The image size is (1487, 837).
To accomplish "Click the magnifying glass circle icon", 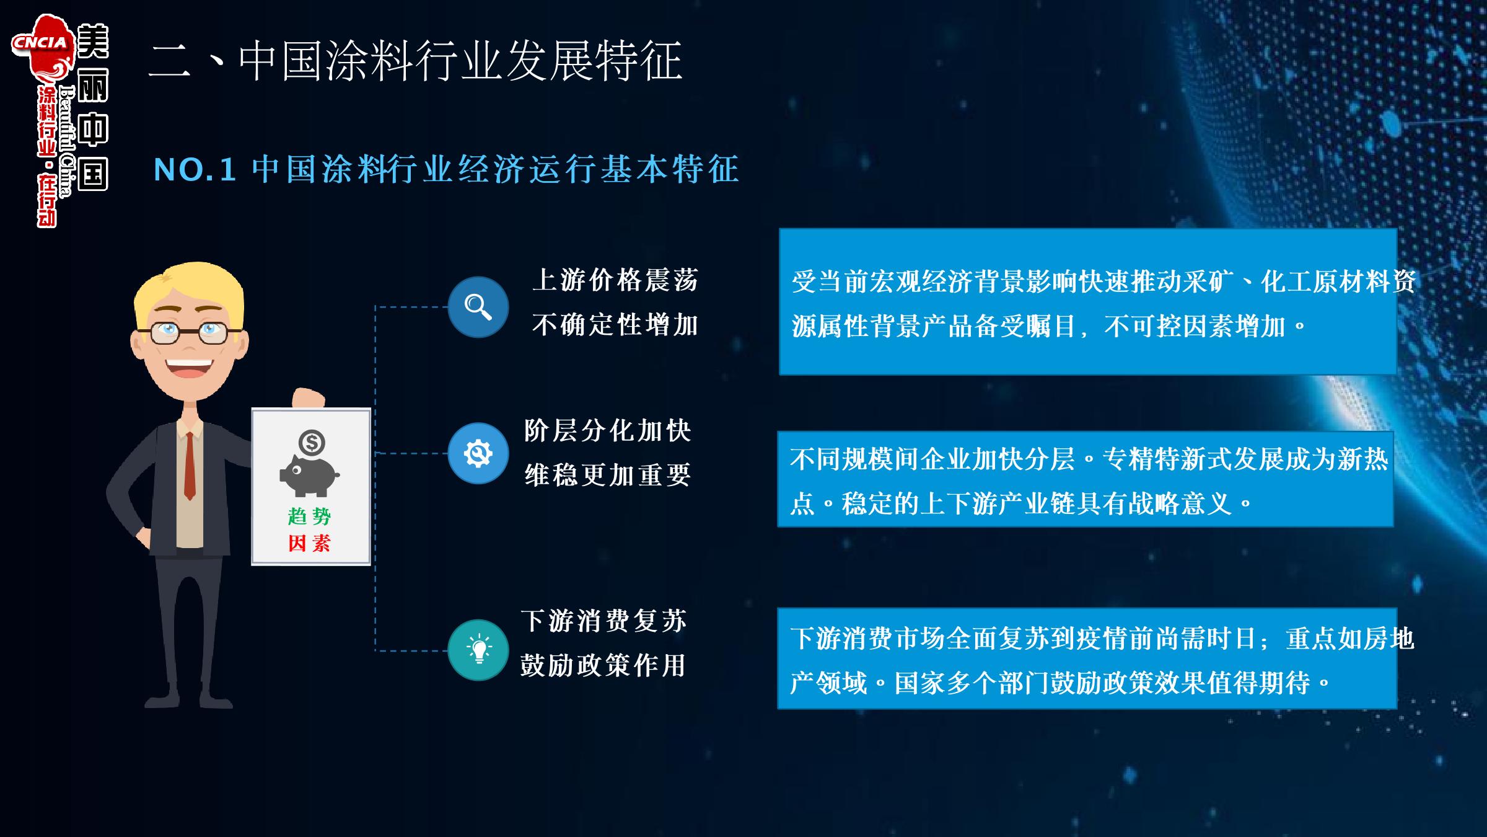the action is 478,307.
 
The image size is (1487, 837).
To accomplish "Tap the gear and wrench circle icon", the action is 478,453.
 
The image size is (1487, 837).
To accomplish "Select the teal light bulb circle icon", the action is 478,650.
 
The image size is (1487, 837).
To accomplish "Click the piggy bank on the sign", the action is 309,476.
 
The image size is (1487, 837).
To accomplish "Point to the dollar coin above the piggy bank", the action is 311,443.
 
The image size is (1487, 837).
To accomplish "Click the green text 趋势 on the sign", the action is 310,516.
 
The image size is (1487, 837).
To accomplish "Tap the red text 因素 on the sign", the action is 310,543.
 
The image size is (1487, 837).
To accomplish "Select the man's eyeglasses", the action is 189,333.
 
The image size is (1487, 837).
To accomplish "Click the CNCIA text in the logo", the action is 40,42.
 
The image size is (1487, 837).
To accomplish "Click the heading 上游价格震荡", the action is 615,280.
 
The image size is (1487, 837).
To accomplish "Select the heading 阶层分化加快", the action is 607,431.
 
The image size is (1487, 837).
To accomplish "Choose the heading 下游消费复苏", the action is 603,621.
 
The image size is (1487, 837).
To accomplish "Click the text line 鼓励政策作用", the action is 603,665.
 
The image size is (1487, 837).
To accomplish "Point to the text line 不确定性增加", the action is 615,325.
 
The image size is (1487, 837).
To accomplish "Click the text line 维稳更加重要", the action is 607,476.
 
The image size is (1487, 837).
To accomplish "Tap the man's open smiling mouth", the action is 189,368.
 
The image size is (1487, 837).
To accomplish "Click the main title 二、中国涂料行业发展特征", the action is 416,61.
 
